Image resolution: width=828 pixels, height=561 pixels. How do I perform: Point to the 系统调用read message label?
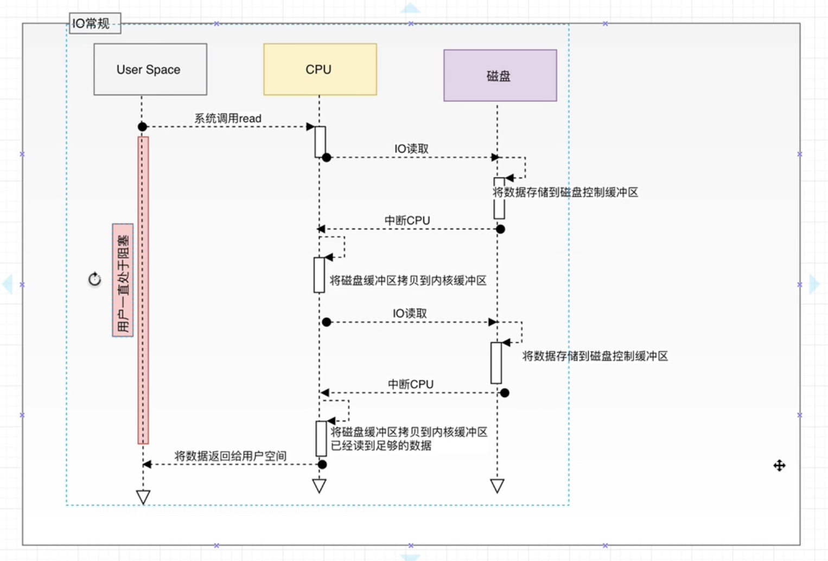pyautogui.click(x=228, y=118)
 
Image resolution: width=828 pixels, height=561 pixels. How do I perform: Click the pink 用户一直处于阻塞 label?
pyautogui.click(x=123, y=280)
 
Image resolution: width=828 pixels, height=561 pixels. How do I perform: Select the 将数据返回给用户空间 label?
pyautogui.click(x=231, y=456)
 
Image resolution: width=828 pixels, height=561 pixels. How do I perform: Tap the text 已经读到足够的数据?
pyautogui.click(x=381, y=446)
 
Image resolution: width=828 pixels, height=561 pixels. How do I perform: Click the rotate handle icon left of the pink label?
pyautogui.click(x=95, y=279)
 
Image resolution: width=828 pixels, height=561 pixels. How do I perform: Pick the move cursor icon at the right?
pyautogui.click(x=779, y=466)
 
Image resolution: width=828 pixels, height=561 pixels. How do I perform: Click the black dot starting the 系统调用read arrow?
pyautogui.click(x=142, y=127)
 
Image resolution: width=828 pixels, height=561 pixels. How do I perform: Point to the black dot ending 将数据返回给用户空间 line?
pyautogui.click(x=322, y=464)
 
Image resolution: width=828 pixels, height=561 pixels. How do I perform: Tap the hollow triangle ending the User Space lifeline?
pyautogui.click(x=143, y=496)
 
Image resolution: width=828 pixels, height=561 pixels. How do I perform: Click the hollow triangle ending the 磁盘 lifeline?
pyautogui.click(x=497, y=485)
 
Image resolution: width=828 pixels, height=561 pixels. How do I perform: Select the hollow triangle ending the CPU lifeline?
pyautogui.click(x=320, y=485)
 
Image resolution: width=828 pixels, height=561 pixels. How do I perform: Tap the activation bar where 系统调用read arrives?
pyautogui.click(x=320, y=141)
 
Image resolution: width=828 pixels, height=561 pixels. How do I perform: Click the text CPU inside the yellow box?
pyautogui.click(x=319, y=69)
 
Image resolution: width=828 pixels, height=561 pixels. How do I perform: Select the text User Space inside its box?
pyautogui.click(x=148, y=69)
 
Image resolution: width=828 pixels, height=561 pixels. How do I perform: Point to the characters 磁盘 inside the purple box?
pyautogui.click(x=499, y=76)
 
